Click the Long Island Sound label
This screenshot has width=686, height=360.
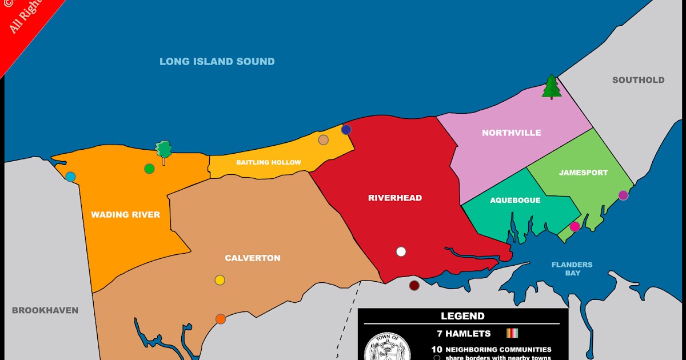click(x=217, y=62)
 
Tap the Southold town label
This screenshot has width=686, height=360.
click(x=638, y=80)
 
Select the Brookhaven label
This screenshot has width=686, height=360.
click(x=45, y=310)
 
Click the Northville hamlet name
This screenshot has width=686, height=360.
click(x=511, y=133)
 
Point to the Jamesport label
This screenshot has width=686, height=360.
click(x=583, y=173)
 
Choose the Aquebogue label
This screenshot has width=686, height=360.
click(x=515, y=201)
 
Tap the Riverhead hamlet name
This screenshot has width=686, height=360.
click(x=395, y=198)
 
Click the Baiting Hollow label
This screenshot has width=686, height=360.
click(x=269, y=162)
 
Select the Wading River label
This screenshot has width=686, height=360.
click(x=125, y=215)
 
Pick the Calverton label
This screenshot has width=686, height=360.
click(x=253, y=258)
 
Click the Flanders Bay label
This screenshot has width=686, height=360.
click(x=572, y=269)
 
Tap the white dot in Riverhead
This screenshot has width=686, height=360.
click(x=401, y=251)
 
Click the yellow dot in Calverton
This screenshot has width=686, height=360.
click(x=220, y=280)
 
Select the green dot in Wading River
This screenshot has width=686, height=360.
click(x=149, y=169)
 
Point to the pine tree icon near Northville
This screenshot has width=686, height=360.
click(x=552, y=87)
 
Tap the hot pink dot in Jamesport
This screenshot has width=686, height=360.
click(x=575, y=226)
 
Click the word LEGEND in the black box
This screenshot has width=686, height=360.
click(x=462, y=316)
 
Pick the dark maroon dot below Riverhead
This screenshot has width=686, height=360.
click(x=414, y=285)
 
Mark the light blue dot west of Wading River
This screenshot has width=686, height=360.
click(x=70, y=177)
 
